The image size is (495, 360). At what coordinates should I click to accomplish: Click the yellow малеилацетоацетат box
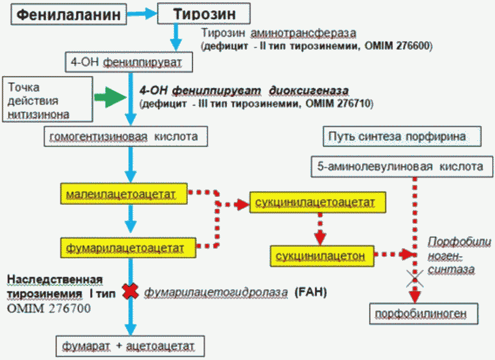coord(123,195)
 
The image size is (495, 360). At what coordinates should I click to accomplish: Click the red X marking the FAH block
coord(131,291)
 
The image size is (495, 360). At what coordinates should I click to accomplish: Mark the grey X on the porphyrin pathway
coord(415,279)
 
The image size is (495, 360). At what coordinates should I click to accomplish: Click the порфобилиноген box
coord(419,313)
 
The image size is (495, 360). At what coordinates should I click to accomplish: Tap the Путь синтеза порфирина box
coord(397,136)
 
